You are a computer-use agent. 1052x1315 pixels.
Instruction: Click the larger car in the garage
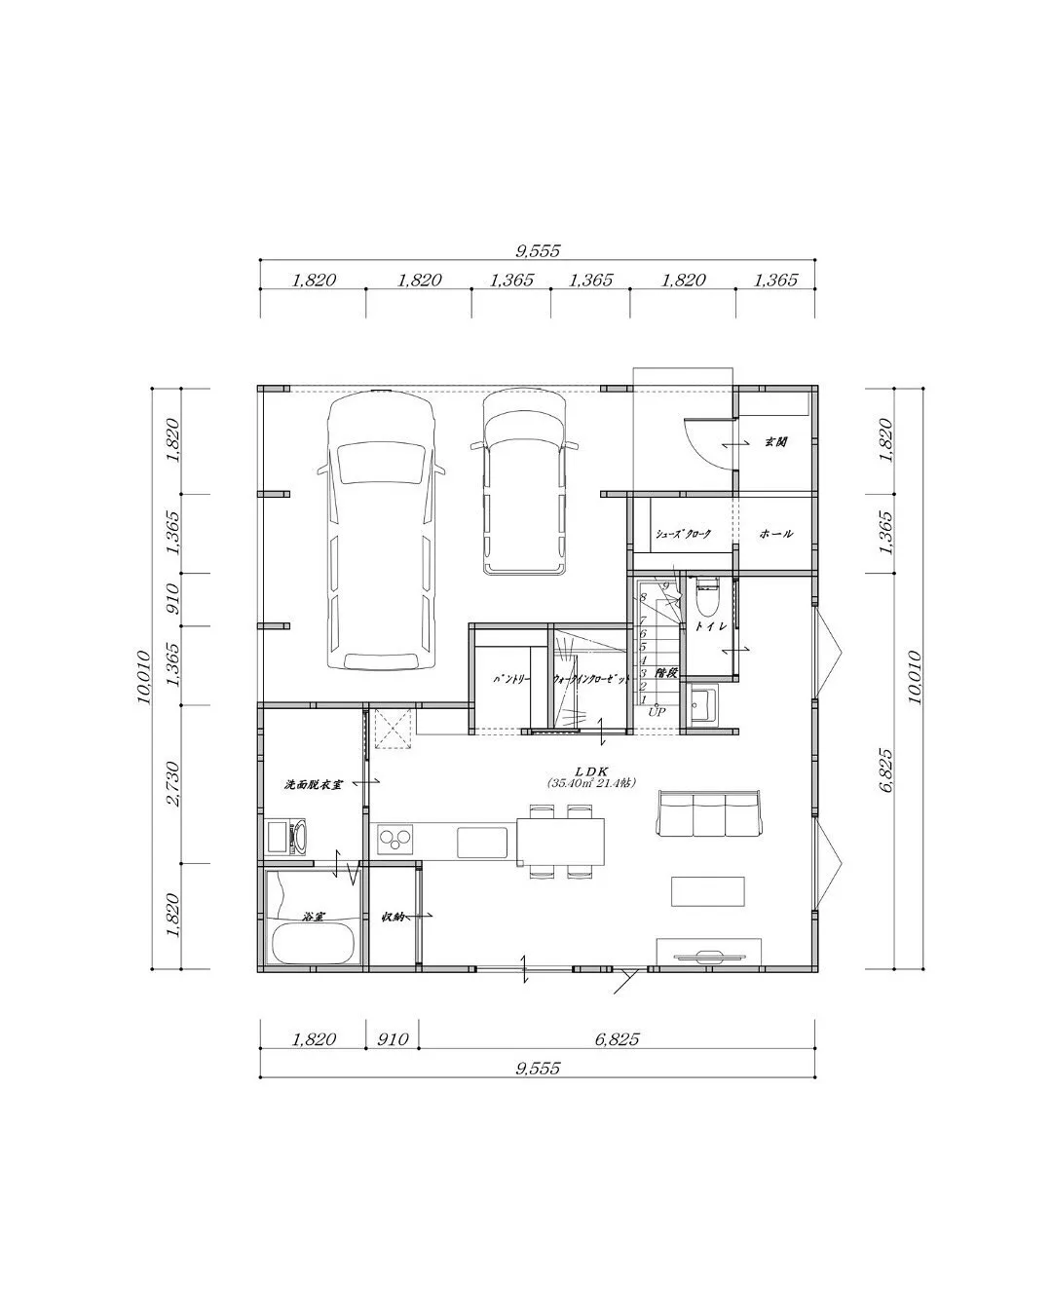coord(381,531)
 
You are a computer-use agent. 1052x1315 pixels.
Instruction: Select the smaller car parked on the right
coord(524,482)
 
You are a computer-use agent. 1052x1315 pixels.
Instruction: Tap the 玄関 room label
coord(775,442)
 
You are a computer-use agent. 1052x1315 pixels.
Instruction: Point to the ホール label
coord(776,534)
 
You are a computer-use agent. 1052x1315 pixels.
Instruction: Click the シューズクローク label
coord(683,534)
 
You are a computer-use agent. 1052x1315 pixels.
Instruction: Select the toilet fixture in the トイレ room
coord(707,597)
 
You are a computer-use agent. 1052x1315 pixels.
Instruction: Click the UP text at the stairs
coord(657,712)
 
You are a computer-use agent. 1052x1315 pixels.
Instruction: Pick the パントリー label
coord(511,679)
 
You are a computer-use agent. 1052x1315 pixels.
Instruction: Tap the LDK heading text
coord(591,770)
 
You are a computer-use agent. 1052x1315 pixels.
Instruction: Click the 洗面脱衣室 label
coord(313,783)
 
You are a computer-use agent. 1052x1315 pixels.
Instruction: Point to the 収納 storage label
coord(393,917)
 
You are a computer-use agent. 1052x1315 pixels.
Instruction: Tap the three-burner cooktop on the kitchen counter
coord(395,838)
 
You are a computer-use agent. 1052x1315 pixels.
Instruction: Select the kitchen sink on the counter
coord(482,842)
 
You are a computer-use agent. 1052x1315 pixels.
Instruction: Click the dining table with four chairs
coord(560,840)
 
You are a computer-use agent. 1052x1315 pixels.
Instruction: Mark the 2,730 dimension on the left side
coord(173,783)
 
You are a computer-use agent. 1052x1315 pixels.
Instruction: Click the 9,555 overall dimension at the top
coord(538,250)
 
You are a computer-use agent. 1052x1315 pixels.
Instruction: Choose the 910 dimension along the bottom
coord(392,1039)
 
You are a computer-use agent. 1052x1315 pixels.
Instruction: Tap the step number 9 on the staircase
coord(665,585)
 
